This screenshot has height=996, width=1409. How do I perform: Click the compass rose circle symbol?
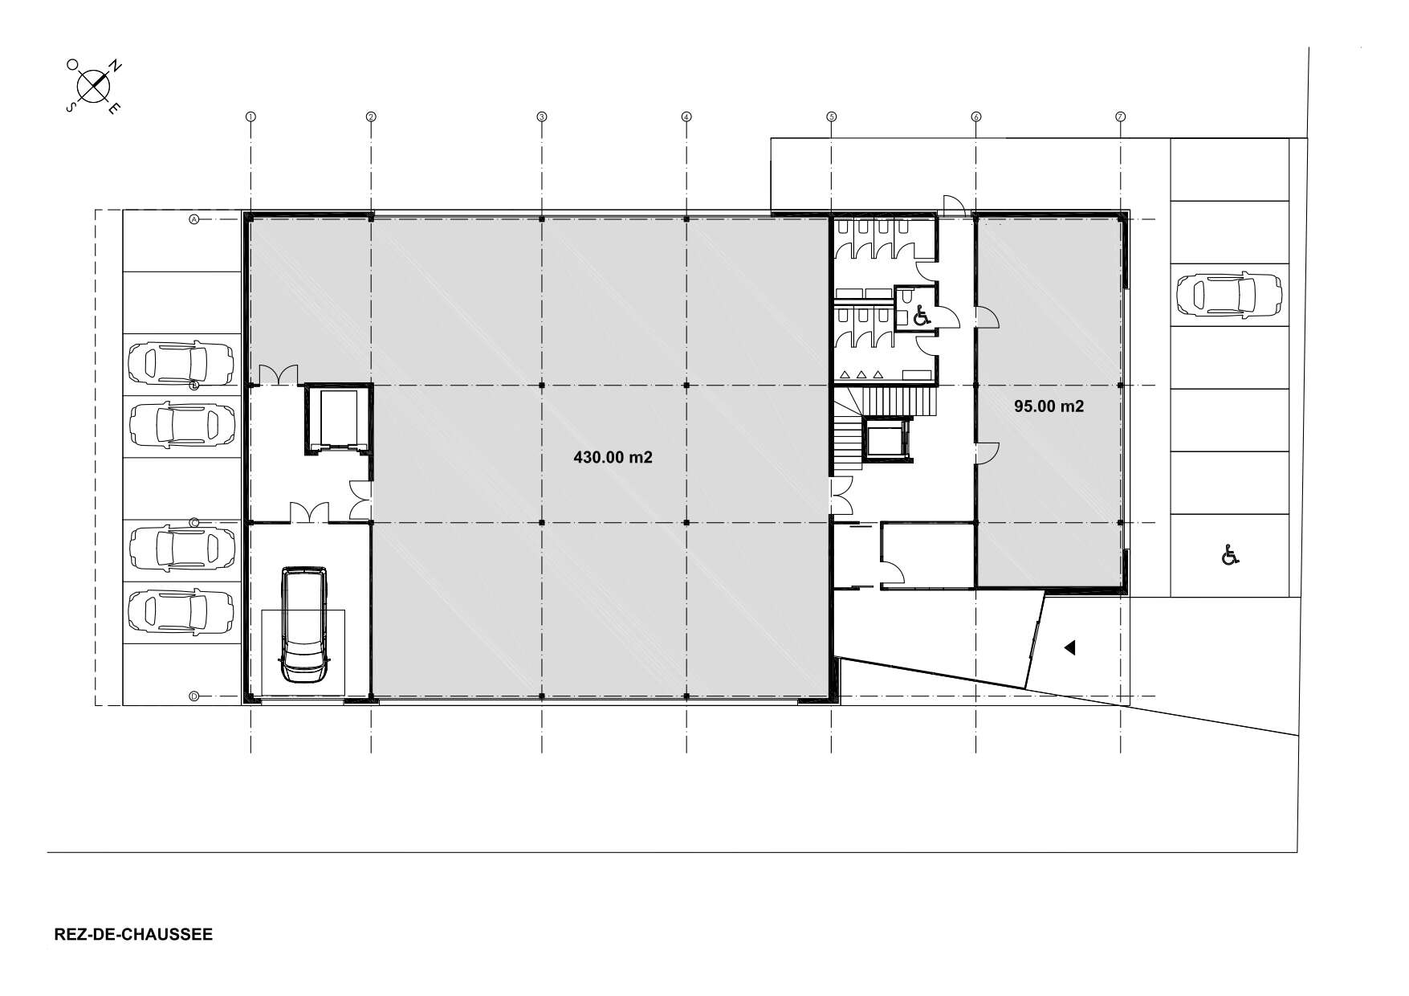(94, 84)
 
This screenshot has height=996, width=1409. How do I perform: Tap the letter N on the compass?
(116, 67)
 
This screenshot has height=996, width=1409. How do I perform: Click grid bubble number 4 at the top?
(686, 116)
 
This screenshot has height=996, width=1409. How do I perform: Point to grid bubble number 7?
(1120, 116)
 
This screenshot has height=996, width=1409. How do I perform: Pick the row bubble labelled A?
(193, 218)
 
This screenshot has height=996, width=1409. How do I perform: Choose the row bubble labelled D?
(193, 696)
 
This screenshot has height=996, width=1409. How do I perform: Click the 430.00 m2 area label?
(613, 458)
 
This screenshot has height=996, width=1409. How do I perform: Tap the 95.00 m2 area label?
(1049, 406)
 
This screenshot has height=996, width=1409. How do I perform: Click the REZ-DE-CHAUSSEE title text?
(133, 935)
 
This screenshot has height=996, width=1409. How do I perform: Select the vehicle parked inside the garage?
(304, 625)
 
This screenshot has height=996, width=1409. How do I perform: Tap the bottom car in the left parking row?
(181, 610)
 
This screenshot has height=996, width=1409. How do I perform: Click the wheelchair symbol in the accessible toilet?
(921, 316)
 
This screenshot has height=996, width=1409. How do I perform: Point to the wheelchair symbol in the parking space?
(1228, 554)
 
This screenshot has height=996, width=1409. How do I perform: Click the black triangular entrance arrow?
(1069, 647)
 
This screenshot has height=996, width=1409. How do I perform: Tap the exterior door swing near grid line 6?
(954, 205)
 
